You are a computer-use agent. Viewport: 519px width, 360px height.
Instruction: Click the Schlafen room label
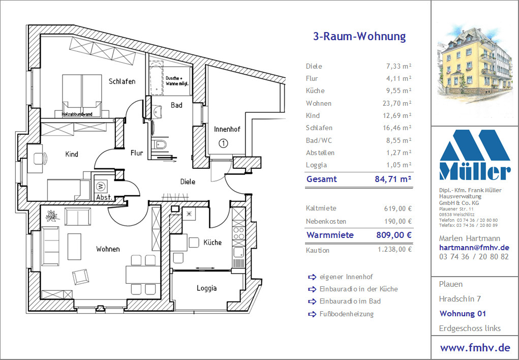click(x=122, y=81)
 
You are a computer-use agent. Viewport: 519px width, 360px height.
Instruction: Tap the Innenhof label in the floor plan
click(x=227, y=129)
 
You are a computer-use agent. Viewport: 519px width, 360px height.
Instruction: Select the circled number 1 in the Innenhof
click(x=224, y=143)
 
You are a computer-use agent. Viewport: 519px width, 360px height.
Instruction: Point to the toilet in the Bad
click(x=160, y=144)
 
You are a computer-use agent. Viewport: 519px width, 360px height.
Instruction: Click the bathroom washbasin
click(x=158, y=111)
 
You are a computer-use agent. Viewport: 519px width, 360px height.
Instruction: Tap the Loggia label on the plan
click(x=206, y=288)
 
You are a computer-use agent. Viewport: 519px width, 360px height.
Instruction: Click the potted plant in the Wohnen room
click(x=52, y=216)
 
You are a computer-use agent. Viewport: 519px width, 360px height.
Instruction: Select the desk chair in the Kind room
click(x=44, y=158)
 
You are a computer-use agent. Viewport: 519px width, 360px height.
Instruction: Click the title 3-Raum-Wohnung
click(x=359, y=36)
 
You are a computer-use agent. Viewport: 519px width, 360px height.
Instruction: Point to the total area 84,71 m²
click(x=393, y=179)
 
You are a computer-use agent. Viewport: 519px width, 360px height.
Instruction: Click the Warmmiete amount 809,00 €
click(x=394, y=235)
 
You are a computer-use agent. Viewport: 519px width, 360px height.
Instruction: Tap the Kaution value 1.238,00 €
click(x=395, y=249)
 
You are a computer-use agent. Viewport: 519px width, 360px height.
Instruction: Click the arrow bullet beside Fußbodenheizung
click(x=312, y=314)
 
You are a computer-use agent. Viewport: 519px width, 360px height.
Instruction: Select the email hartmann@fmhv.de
click(x=474, y=248)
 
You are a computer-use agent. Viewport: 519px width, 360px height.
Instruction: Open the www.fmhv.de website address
click(x=475, y=348)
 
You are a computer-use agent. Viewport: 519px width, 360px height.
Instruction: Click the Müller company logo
click(x=475, y=155)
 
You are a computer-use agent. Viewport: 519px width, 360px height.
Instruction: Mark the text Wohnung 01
click(x=463, y=314)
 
